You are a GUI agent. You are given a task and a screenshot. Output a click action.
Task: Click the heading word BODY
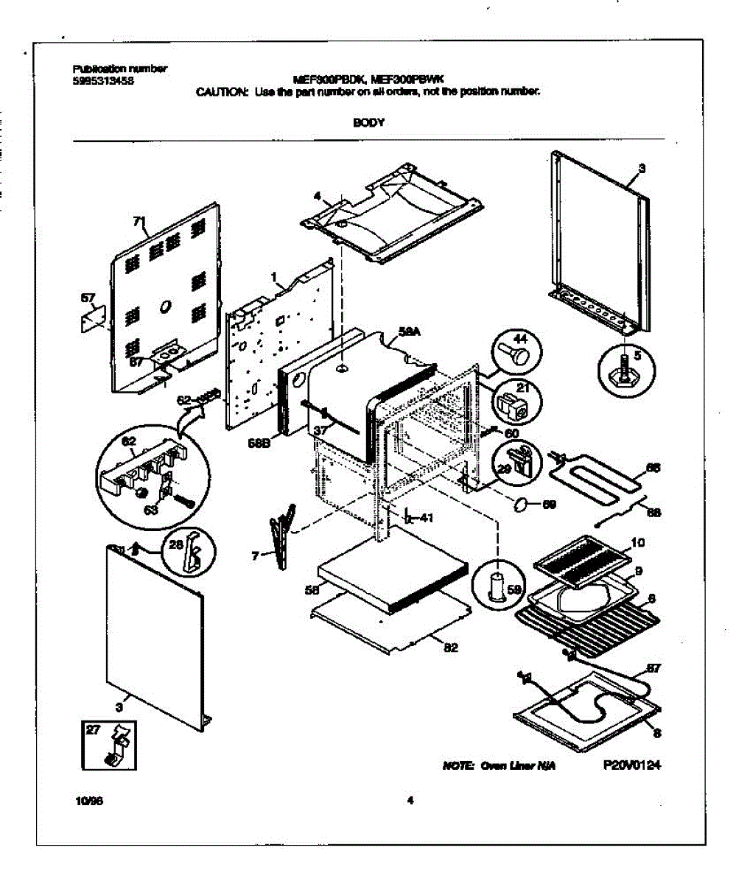tap(368, 123)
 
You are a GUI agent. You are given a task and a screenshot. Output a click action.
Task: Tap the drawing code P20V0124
tap(631, 765)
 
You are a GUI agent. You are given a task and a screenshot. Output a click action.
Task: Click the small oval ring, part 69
tap(520, 505)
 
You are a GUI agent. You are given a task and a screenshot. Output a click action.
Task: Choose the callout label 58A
tap(409, 334)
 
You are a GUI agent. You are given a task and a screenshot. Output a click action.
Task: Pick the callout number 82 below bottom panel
tap(451, 648)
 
